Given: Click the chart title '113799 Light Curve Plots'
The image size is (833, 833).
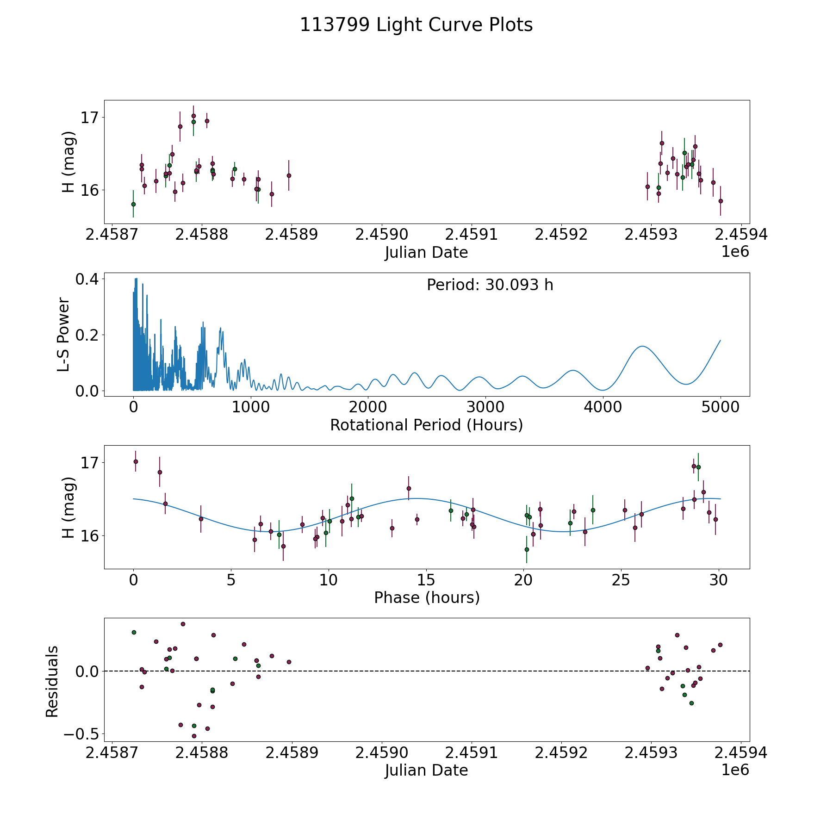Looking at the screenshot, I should (x=416, y=25).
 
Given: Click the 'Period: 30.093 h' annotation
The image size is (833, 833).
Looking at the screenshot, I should (x=490, y=285).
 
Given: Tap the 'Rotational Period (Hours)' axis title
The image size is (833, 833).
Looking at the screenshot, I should (x=426, y=425).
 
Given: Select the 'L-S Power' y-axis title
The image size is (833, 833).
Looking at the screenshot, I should (x=64, y=335).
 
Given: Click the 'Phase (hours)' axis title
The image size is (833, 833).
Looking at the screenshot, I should (x=426, y=597).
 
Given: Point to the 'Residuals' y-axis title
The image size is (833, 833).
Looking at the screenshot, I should (x=52, y=681).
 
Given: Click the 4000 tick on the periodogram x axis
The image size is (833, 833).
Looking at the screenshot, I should (x=603, y=407).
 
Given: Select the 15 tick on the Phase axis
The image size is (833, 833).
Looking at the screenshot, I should (x=426, y=580).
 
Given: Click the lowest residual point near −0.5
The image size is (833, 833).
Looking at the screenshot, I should (x=194, y=736).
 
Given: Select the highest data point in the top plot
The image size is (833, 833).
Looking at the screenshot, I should (x=193, y=116).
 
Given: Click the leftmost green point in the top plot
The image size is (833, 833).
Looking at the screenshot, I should (x=133, y=204).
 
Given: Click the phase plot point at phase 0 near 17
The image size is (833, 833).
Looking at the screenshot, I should (x=136, y=461).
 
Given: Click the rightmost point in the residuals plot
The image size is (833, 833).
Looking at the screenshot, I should (x=720, y=645).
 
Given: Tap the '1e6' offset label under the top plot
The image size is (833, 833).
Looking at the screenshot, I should (x=735, y=252).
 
